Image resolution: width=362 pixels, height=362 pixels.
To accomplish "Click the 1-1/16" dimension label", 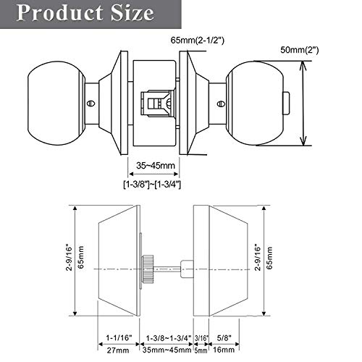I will click(117, 336).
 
